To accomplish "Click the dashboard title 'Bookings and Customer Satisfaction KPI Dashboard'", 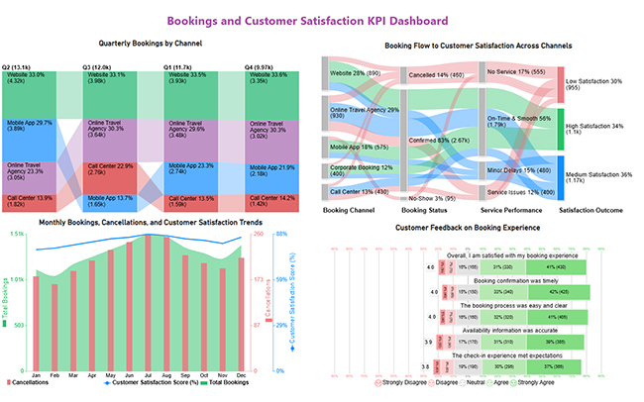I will pos(322,20).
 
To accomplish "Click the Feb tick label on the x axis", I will pos(55,375).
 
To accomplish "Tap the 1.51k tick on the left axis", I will pos(16,234).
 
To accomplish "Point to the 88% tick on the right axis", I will pos(280,234).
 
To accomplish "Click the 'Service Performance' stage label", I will pos(509,210).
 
